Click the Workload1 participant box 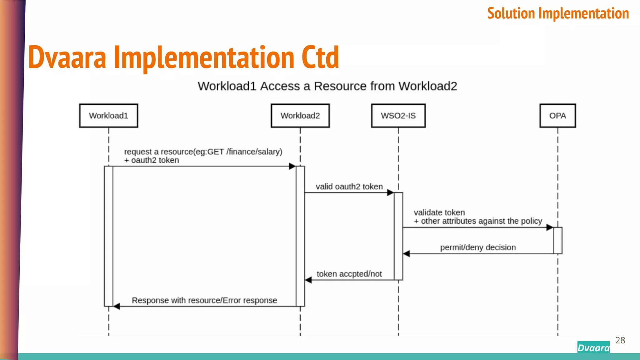[x=108, y=116]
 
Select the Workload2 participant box [x=300, y=116]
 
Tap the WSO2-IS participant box [x=398, y=116]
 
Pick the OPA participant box [x=557, y=116]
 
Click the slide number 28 [x=620, y=340]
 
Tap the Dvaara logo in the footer [x=593, y=347]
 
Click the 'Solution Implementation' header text [x=558, y=13]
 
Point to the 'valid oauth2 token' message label [x=349, y=187]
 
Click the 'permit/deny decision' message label [x=478, y=247]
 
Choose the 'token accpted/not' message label [x=349, y=274]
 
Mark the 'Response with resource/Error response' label [x=204, y=300]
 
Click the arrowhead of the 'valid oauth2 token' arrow [x=390, y=192]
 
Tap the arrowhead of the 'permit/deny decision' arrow [x=407, y=254]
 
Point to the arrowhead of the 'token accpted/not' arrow [x=308, y=280]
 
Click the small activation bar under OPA [x=557, y=240]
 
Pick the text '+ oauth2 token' [x=152, y=160]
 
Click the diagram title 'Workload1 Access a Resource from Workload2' [x=327, y=86]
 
